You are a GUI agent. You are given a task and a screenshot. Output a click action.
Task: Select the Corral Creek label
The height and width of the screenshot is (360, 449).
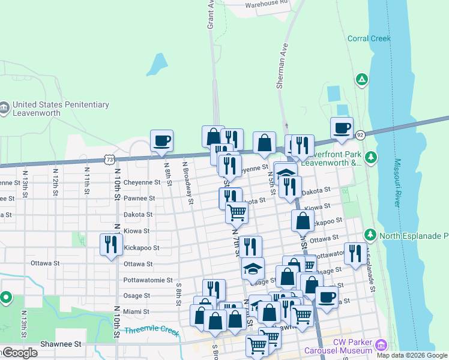[x=369, y=38]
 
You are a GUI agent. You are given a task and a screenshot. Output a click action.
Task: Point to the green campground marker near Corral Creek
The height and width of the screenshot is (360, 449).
[x=361, y=79]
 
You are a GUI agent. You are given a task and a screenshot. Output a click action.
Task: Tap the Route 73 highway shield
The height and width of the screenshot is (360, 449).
[x=109, y=159]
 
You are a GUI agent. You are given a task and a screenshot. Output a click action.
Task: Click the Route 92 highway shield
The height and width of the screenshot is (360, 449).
[x=360, y=135]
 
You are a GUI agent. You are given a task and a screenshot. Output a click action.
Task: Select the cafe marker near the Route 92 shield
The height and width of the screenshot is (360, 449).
[x=342, y=128]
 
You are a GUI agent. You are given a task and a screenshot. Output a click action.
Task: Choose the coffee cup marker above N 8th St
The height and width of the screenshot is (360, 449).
[x=161, y=141]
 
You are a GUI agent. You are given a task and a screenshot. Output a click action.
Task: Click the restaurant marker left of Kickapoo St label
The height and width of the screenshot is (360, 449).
[x=110, y=244]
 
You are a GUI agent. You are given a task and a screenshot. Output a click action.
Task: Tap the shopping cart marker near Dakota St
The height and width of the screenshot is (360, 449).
[x=237, y=211]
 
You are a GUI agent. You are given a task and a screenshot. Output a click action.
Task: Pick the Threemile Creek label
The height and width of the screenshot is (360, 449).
[x=152, y=331]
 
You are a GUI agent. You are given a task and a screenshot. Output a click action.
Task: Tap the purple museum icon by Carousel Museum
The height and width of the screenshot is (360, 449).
[x=380, y=346]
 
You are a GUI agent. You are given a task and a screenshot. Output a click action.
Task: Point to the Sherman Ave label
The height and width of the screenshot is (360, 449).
[x=283, y=67]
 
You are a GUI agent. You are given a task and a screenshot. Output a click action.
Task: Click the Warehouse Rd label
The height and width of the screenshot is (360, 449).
[x=267, y=3]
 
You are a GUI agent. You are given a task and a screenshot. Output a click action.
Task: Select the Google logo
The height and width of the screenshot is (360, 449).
[x=20, y=353]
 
